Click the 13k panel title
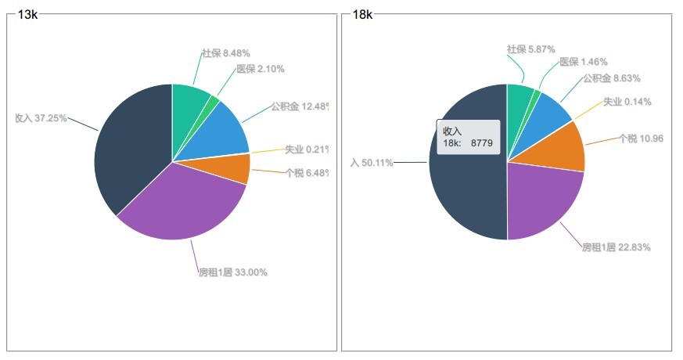pyautogui.click(x=27, y=14)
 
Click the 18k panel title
pyautogui.click(x=362, y=14)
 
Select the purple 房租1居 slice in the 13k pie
pyautogui.click(x=188, y=207)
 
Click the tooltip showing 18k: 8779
pyautogui.click(x=468, y=137)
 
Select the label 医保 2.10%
pyautogui.click(x=261, y=69)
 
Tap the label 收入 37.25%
pyautogui.click(x=41, y=117)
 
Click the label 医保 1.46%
pyautogui.click(x=584, y=62)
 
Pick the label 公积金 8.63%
pyautogui.click(x=611, y=78)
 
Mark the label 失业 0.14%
pyautogui.click(x=627, y=102)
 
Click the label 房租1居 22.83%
pyautogui.click(x=616, y=247)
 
